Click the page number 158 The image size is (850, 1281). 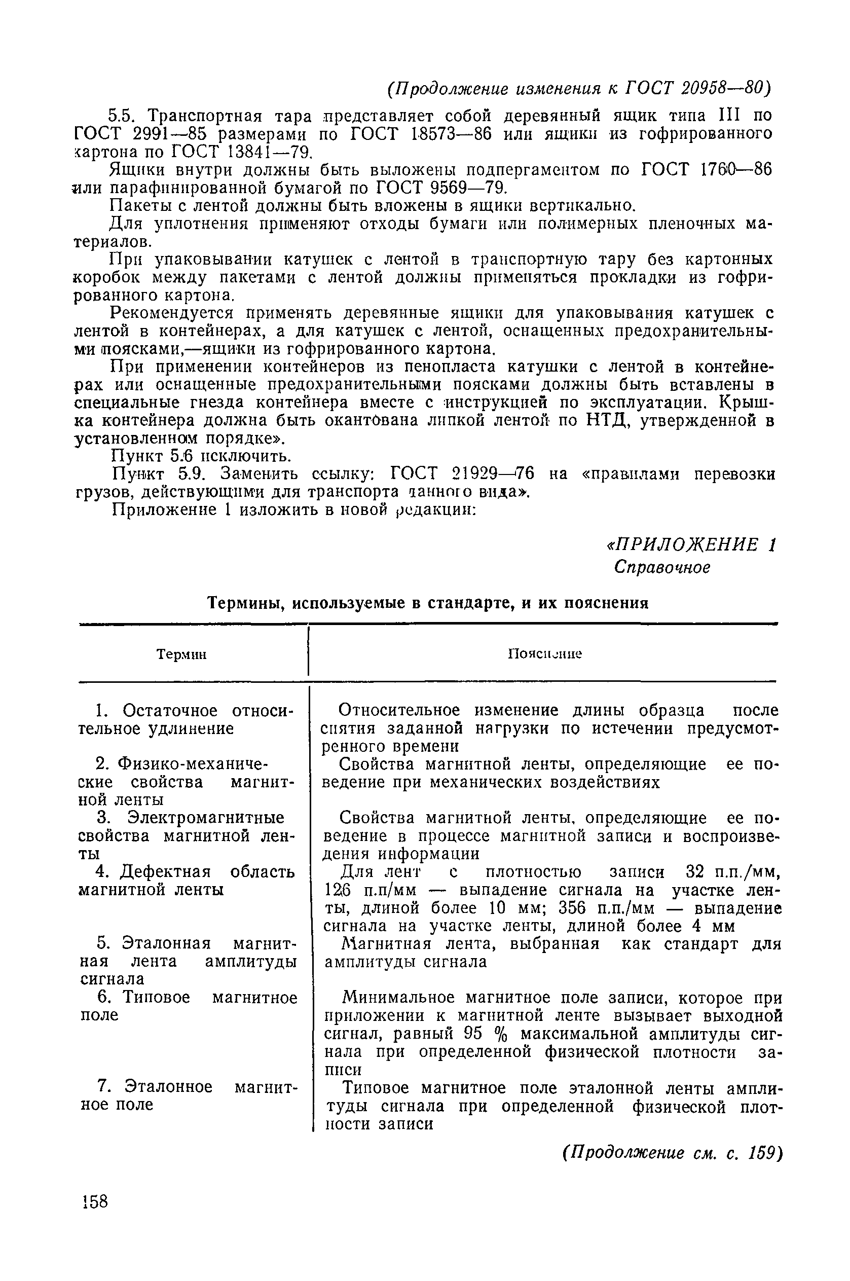point(96,1201)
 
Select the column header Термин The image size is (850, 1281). point(181,654)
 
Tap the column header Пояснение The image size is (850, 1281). point(544,654)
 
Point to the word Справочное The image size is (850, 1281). point(662,568)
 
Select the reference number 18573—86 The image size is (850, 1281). point(447,133)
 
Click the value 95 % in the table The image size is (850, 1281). point(487,1034)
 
